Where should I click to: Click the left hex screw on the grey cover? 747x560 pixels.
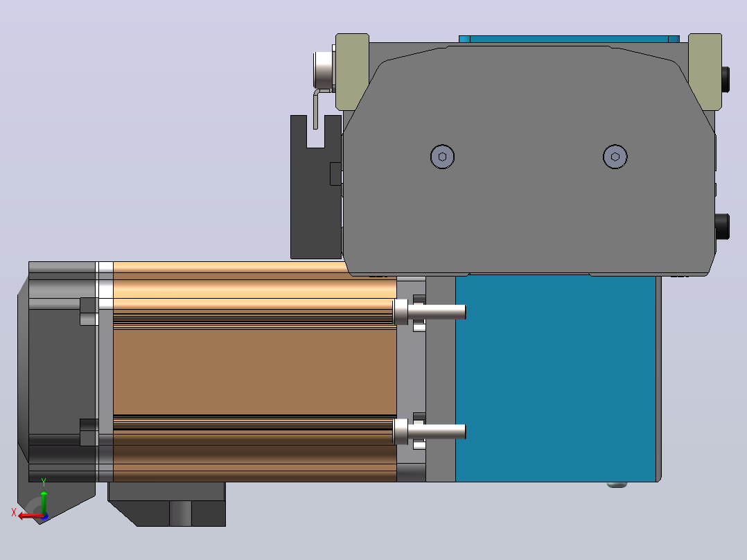(x=442, y=157)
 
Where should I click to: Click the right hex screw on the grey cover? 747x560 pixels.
(x=615, y=157)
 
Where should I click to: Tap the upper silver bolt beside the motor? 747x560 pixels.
(x=429, y=312)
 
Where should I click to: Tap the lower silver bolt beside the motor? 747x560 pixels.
(x=429, y=431)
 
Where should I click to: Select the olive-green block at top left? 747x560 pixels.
(x=352, y=71)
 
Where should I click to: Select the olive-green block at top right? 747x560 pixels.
(x=705, y=71)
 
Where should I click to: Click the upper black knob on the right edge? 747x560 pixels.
(x=725, y=80)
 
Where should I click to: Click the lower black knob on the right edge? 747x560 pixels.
(x=722, y=227)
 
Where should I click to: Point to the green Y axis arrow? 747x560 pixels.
(x=44, y=502)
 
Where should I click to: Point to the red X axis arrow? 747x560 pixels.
(x=31, y=516)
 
